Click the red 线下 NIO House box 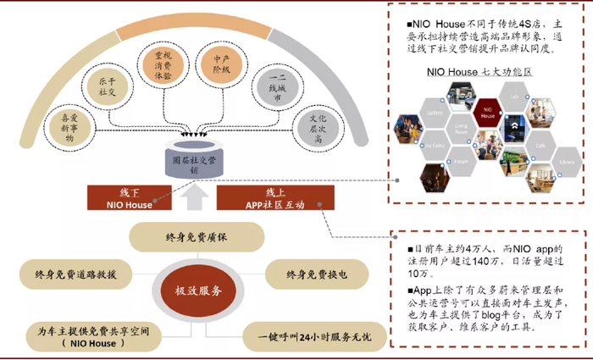[130, 197]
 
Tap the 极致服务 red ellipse [198, 291]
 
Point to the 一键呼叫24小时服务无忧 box [313, 337]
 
